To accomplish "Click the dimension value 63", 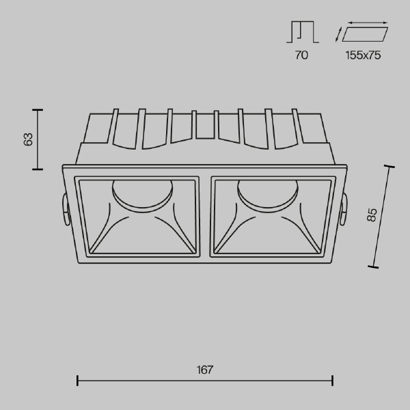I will click(28, 139).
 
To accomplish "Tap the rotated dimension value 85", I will click(372, 215).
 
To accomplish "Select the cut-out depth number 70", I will click(301, 55).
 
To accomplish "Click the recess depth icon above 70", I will click(301, 32).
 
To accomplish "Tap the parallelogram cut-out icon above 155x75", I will click(366, 33).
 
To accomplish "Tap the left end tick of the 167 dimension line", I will click(77, 380).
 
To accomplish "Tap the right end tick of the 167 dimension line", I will click(333, 380).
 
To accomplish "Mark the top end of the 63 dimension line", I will click(38, 109).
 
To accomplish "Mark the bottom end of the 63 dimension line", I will click(38, 169).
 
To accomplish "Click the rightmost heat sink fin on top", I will click(294, 126).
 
